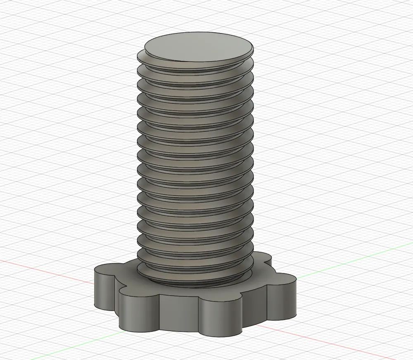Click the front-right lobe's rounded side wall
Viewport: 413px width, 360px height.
(x=219, y=316)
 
